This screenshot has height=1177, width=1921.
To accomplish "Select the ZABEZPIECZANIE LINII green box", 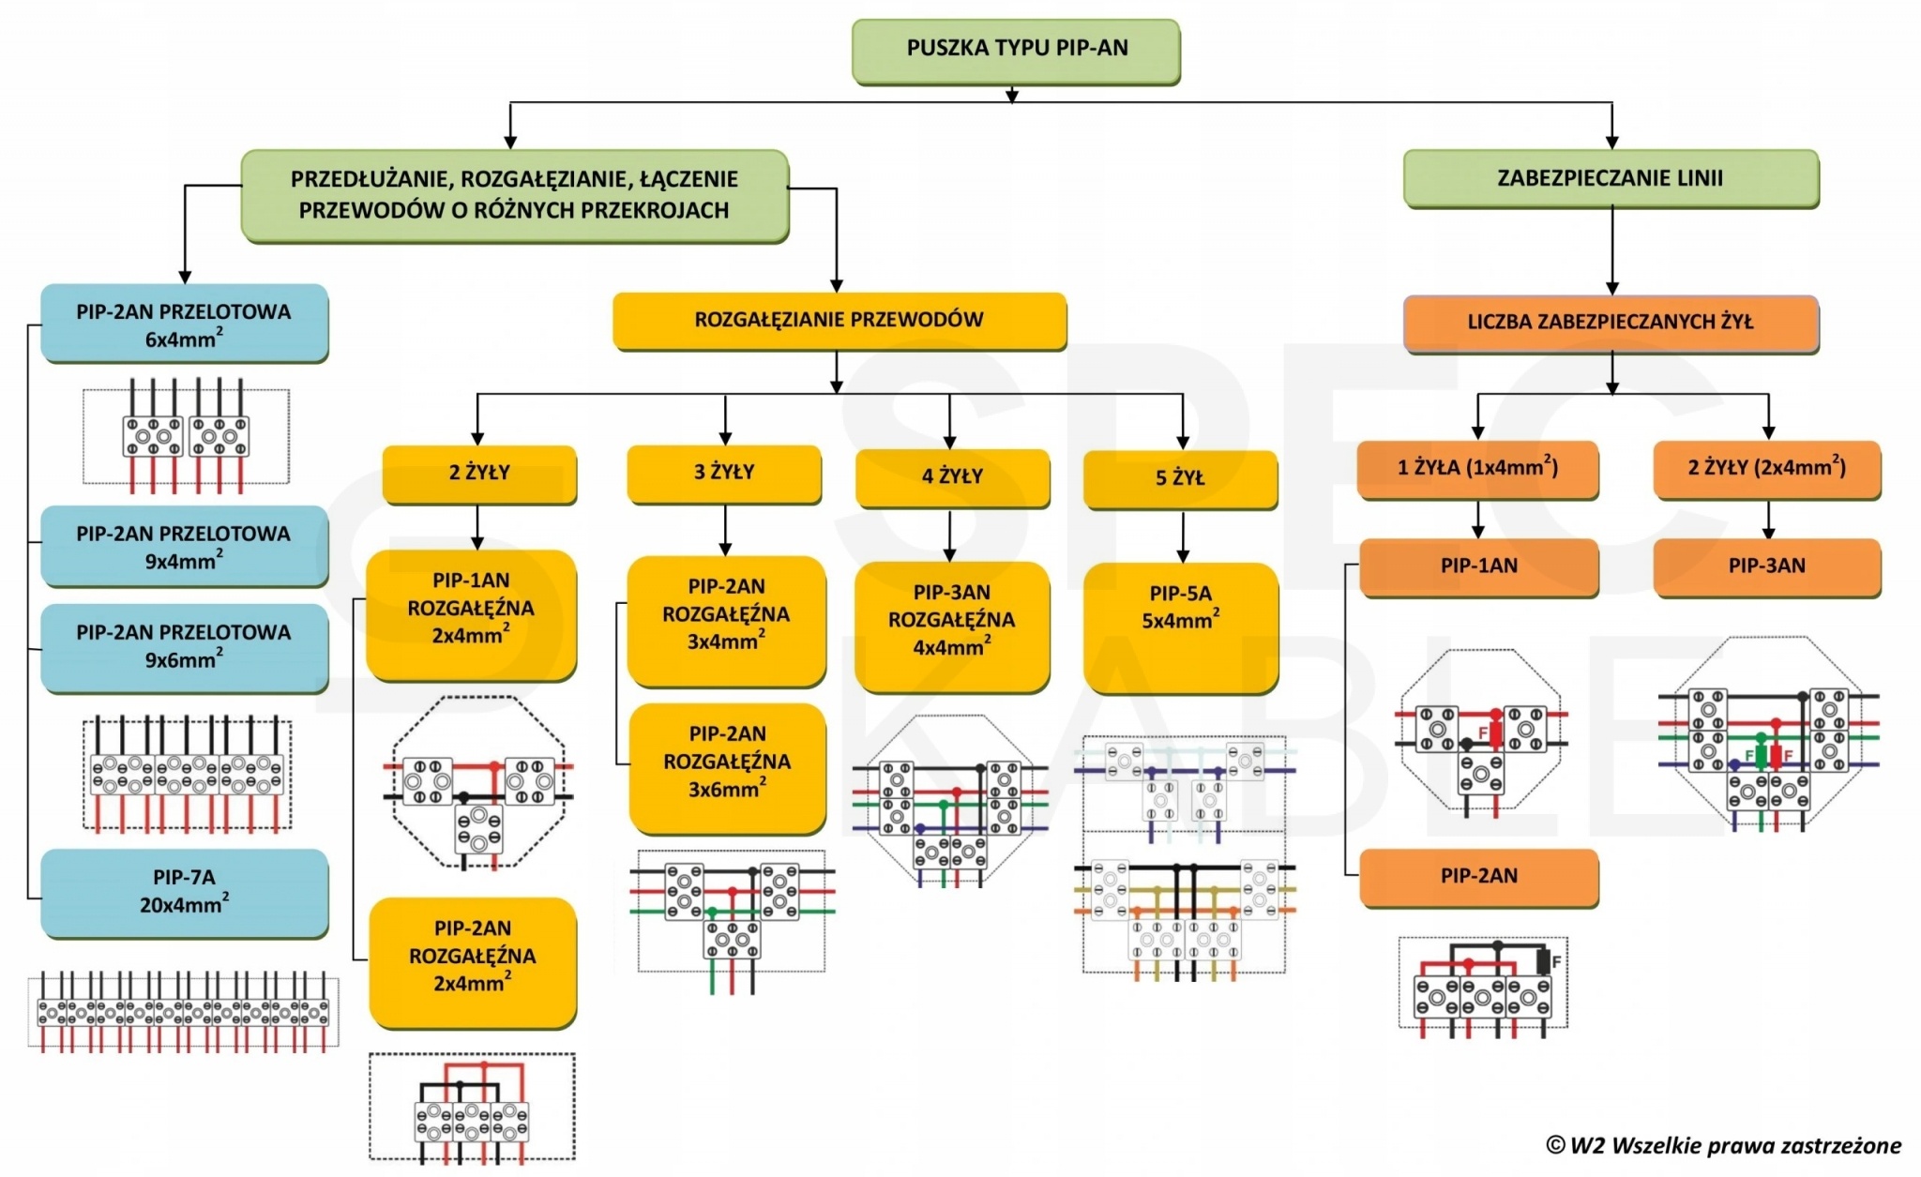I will point(1611,178).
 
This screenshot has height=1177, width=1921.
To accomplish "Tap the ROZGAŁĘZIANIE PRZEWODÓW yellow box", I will point(839,321).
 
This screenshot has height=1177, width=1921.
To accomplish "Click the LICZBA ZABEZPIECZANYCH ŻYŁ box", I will point(1611,323).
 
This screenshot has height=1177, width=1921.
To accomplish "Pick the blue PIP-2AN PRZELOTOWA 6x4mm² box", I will point(184,324).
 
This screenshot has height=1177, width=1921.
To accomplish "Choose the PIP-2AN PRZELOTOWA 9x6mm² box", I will point(184,647).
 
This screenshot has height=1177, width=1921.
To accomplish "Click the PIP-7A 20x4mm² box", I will point(184,892).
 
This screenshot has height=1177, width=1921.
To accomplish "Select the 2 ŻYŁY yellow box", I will point(479,473).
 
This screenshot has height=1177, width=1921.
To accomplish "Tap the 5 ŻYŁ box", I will point(1180,478).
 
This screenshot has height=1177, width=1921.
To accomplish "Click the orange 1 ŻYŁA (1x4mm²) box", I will point(1477,468).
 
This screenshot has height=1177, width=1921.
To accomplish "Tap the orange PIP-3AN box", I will point(1766,566).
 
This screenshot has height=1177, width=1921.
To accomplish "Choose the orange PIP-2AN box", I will point(1478,877).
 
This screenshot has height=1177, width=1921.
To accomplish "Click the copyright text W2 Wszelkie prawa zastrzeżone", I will point(1724,1145).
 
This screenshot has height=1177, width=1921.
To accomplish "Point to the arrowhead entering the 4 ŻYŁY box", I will point(950,442).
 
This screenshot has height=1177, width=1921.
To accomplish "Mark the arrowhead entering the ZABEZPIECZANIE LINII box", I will point(1611,142).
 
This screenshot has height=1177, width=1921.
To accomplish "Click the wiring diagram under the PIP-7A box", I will point(184,1014).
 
